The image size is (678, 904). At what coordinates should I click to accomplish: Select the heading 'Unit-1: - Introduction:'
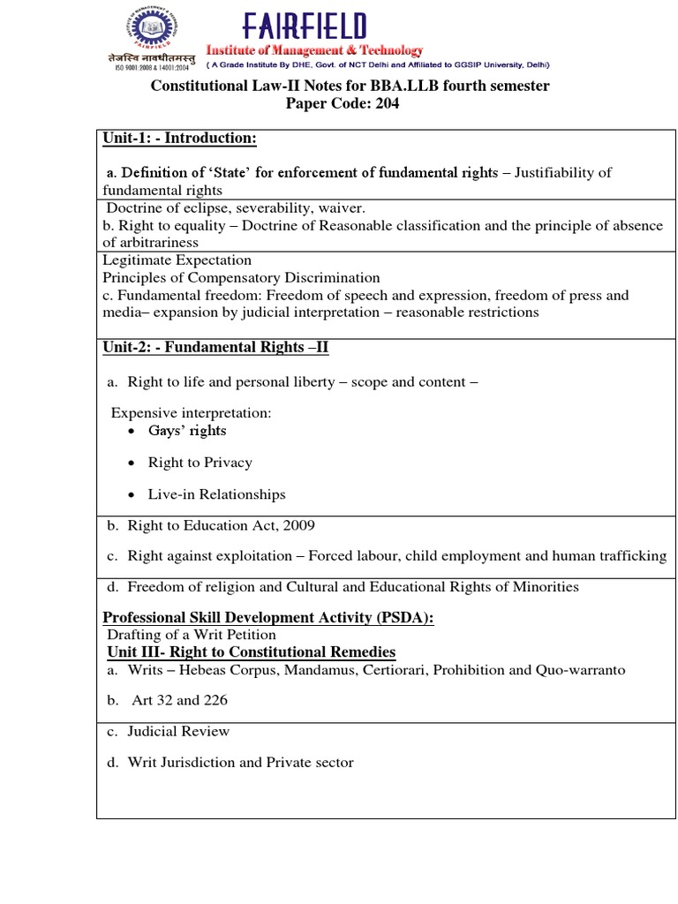179,139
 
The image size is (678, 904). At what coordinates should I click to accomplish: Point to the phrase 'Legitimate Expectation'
177,260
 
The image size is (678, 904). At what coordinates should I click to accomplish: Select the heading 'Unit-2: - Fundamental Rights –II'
215,347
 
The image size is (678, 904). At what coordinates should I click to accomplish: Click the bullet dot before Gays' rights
131,431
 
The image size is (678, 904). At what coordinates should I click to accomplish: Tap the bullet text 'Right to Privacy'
200,463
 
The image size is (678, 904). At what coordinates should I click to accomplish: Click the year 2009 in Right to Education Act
298,525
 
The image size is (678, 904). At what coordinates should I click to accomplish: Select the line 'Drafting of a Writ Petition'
191,635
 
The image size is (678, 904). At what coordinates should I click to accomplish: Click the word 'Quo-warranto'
580,670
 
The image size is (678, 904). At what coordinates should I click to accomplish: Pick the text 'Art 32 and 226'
179,701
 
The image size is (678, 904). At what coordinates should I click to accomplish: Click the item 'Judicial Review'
178,731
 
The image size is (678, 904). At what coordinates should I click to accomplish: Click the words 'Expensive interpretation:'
191,413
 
